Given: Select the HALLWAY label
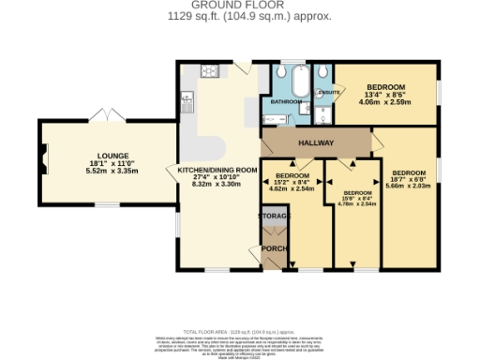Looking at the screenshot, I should [x=317, y=142].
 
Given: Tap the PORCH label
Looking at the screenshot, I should [x=273, y=247].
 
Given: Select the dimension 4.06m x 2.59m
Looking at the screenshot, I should [x=385, y=102].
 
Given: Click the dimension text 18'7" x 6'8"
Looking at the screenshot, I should [x=410, y=180].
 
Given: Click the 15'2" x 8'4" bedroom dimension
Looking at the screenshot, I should [x=292, y=182].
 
